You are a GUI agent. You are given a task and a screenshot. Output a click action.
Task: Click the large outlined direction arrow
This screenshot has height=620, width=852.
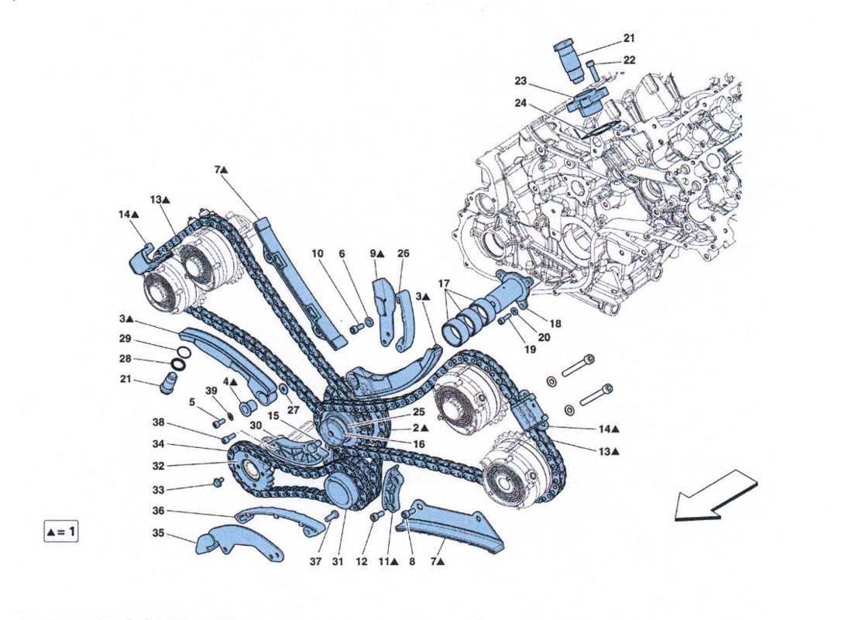[714, 496]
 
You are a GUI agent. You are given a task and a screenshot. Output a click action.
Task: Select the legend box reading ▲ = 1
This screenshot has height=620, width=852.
[61, 532]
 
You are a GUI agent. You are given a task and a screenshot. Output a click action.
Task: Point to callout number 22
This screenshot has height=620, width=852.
[629, 60]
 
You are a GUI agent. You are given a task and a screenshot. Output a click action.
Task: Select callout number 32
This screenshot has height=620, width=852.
[158, 466]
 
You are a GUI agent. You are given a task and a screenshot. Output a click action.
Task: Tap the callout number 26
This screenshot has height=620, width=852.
[404, 253]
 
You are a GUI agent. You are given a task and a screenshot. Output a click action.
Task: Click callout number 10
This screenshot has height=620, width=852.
[318, 253]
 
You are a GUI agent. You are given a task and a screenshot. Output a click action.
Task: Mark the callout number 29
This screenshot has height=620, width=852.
[125, 339]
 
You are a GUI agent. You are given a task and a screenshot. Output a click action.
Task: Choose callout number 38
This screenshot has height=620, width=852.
[158, 424]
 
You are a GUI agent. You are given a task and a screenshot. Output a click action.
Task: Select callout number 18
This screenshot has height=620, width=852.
[555, 323]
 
